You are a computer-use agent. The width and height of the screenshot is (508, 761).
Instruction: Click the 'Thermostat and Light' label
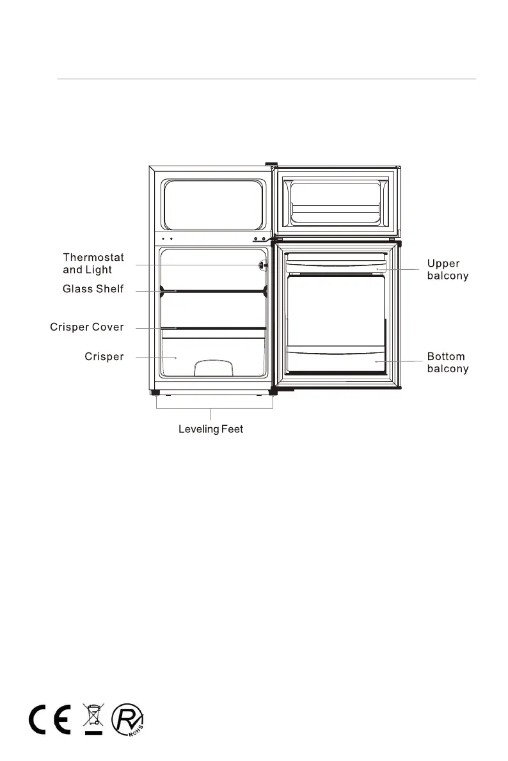(x=93, y=263)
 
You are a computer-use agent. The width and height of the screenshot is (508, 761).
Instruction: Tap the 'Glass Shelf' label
(x=93, y=289)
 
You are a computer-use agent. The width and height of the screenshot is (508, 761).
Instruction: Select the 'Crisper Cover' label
(x=87, y=327)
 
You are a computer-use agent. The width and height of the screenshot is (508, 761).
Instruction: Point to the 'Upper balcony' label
(x=448, y=270)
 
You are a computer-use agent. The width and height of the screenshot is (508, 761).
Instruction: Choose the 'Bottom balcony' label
(x=448, y=363)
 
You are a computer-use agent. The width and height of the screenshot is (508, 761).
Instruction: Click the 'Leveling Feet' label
(x=210, y=429)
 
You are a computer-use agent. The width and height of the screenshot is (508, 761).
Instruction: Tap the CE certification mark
(x=49, y=721)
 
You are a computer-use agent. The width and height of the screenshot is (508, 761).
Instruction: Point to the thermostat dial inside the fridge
(x=262, y=265)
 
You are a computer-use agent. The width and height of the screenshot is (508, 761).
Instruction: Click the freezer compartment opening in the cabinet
(x=214, y=204)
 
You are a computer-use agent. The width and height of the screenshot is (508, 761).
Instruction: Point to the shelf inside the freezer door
(x=335, y=210)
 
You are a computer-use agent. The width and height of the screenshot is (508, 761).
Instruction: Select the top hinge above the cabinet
(x=271, y=164)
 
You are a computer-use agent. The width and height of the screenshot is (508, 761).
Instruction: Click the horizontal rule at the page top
(x=266, y=80)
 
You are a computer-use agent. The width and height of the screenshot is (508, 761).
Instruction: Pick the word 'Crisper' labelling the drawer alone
(x=104, y=357)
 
